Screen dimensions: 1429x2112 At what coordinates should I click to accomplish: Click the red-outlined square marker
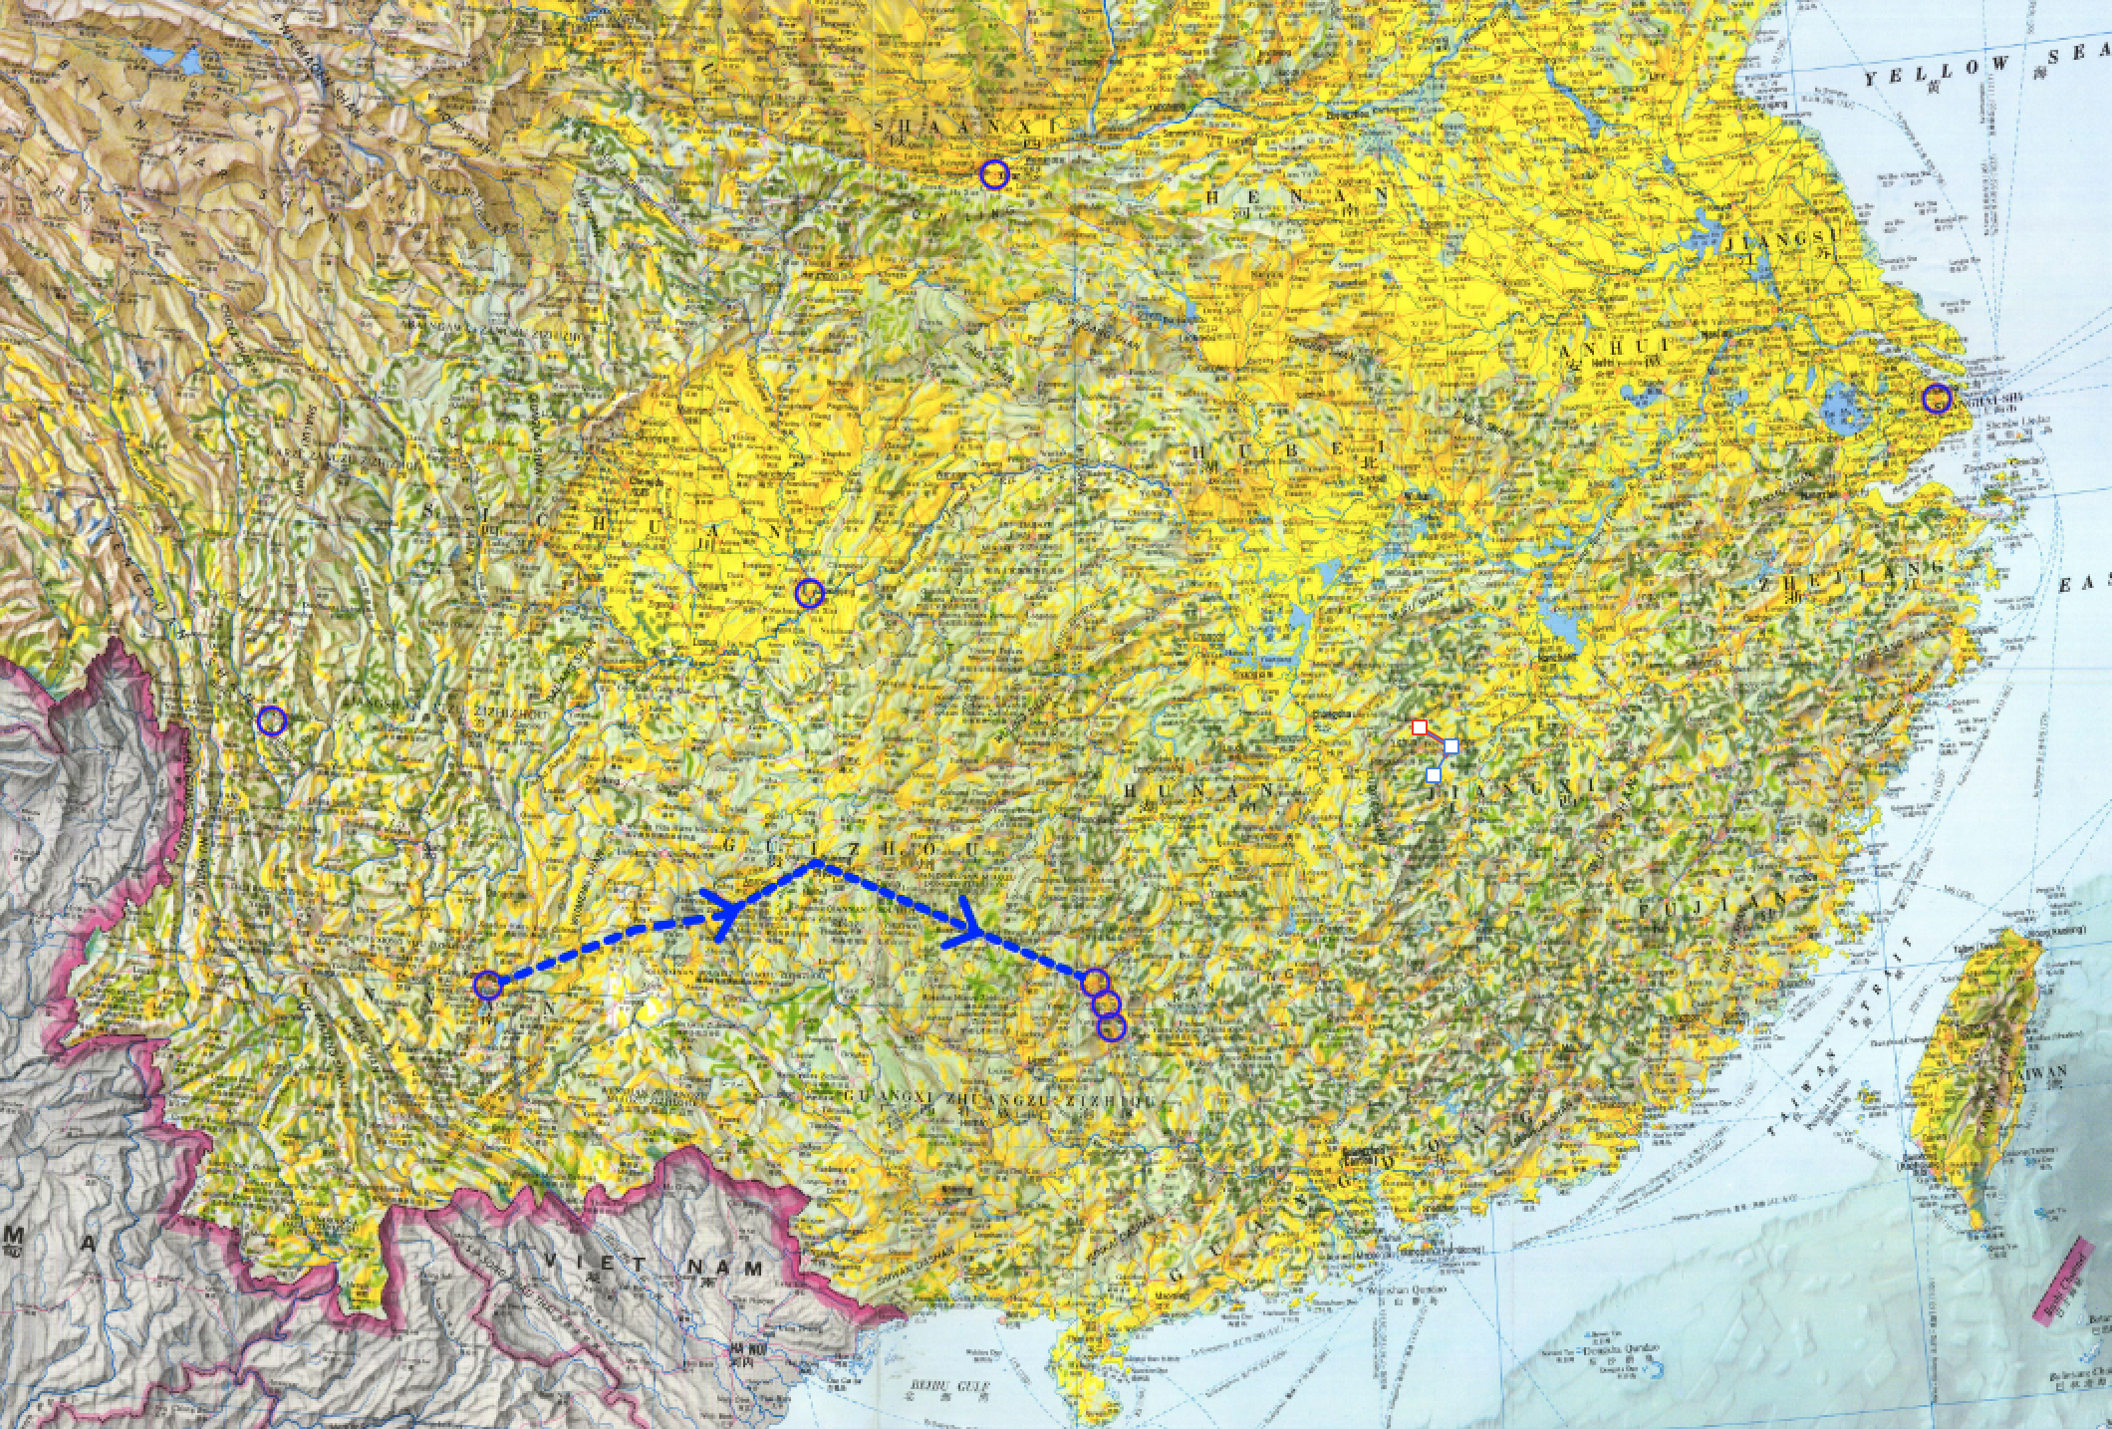(1420, 727)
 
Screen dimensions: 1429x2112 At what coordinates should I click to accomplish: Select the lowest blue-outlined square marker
(1434, 774)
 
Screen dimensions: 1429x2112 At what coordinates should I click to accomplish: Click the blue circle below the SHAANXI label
(994, 175)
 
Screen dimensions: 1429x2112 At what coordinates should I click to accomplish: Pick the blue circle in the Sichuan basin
(810, 593)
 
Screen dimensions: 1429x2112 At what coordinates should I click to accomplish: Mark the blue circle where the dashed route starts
(487, 986)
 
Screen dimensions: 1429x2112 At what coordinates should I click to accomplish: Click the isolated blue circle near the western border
(271, 720)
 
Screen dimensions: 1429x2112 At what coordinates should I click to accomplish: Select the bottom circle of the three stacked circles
(1112, 1027)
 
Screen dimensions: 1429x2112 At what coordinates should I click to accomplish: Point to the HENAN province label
(1294, 196)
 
